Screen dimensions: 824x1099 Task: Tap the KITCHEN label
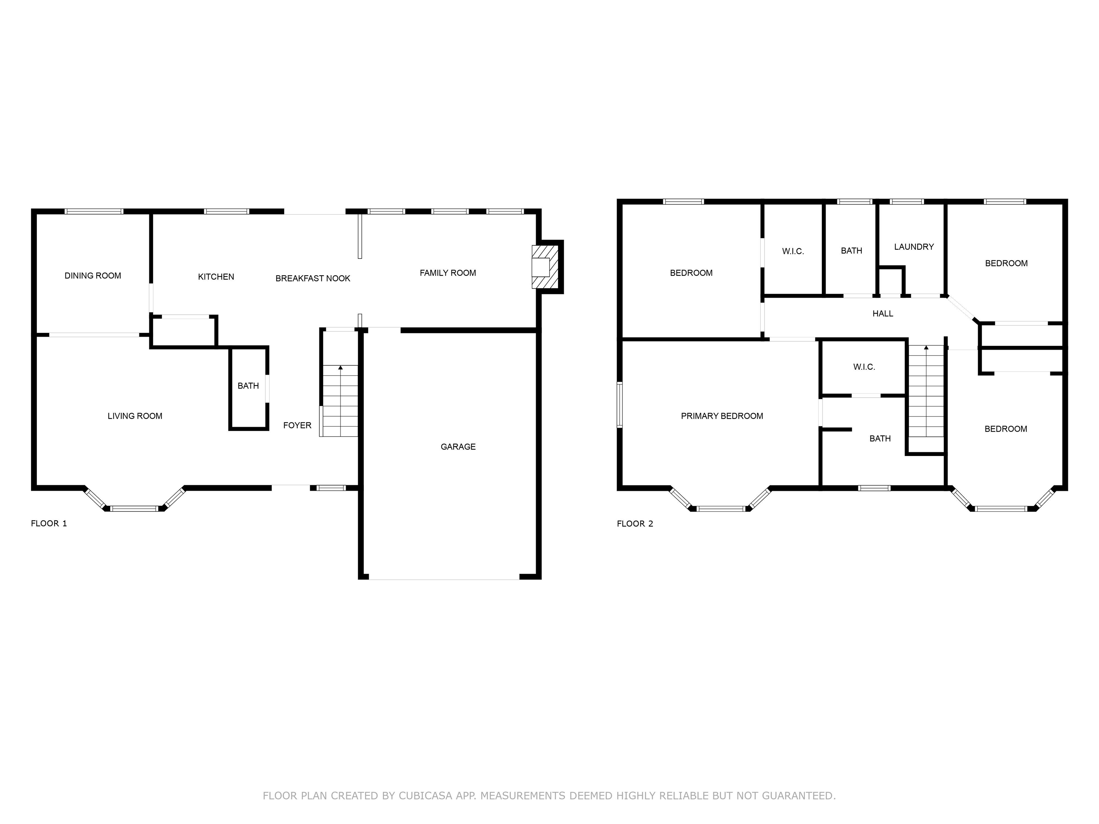click(x=216, y=277)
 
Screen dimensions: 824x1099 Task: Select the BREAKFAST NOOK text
click(x=313, y=279)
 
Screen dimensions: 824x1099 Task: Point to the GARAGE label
click(x=458, y=447)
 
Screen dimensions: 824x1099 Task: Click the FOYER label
click(x=297, y=425)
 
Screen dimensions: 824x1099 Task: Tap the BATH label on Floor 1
click(x=248, y=386)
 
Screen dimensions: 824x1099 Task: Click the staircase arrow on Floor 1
click(x=340, y=368)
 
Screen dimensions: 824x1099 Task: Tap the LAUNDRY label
click(x=914, y=247)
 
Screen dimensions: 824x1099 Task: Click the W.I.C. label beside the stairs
click(x=864, y=367)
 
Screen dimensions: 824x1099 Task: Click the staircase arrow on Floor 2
click(x=925, y=348)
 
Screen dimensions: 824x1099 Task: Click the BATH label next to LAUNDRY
click(x=851, y=251)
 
